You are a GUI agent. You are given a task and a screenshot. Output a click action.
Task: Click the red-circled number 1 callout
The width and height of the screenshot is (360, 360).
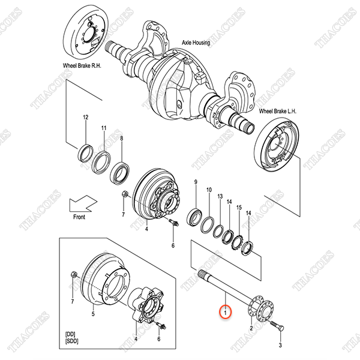click(x=225, y=312)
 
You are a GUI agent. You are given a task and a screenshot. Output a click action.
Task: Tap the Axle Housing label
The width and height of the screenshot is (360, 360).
click(x=196, y=43)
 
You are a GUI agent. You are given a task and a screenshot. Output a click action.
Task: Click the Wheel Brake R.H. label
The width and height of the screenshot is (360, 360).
click(x=82, y=65)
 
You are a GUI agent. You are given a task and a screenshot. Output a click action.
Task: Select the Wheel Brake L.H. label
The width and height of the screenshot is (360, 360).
click(x=278, y=112)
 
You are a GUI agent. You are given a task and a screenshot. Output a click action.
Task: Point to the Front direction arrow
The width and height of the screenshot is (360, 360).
click(x=83, y=203)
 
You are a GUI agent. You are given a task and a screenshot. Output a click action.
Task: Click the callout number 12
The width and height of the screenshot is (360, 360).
click(x=85, y=118)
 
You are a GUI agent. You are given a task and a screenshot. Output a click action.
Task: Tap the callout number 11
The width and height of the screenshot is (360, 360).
click(x=104, y=128)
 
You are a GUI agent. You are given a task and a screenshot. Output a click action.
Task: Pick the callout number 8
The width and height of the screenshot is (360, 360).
click(x=121, y=139)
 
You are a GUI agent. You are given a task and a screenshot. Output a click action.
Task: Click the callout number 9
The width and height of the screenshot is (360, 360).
click(x=196, y=182)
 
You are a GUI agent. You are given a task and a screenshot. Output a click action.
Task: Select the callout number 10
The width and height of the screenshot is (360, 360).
click(x=209, y=190)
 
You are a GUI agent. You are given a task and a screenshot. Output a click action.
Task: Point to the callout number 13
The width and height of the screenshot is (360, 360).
click(x=220, y=196)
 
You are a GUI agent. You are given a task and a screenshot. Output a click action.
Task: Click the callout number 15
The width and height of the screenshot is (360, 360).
click(x=239, y=208)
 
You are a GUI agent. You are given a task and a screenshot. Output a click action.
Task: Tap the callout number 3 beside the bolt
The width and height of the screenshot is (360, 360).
click(x=280, y=345)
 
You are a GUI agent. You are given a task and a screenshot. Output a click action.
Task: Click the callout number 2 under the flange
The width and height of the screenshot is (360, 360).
click(x=251, y=328)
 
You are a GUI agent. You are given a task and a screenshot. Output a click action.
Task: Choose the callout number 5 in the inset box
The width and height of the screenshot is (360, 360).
click(x=93, y=314)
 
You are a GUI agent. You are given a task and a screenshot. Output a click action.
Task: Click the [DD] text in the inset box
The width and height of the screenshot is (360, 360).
click(x=70, y=334)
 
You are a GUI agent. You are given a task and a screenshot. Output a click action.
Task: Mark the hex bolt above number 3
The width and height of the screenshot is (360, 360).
click(x=277, y=325)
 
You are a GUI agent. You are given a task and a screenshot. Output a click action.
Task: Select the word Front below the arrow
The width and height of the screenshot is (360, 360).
click(x=79, y=217)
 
